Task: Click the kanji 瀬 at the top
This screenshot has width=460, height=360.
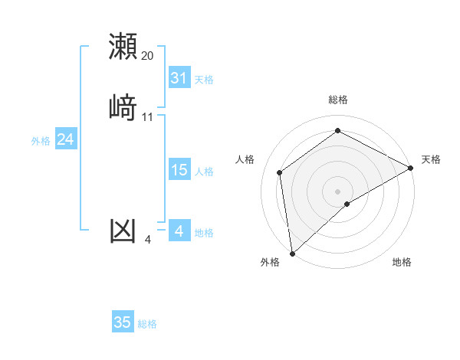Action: point(123,46)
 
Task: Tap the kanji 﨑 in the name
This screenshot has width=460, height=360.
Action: point(123,107)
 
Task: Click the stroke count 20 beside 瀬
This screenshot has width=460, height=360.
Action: point(148,56)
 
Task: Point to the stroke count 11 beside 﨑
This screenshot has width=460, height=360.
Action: point(148,117)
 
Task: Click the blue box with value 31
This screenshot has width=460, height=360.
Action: point(179,78)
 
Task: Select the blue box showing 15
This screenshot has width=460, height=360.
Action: point(179,170)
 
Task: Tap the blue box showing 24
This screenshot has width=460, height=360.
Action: point(66,139)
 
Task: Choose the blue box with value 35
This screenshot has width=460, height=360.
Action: point(123,322)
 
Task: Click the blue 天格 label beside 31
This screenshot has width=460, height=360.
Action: point(204,80)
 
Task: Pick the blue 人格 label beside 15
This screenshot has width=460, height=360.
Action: point(204,172)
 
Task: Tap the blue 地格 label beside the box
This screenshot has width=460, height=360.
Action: point(204,233)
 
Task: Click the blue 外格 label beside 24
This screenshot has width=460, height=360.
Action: point(41,141)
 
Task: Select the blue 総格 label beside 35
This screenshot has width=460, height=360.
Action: point(147,324)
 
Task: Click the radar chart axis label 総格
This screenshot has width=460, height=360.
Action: point(338,100)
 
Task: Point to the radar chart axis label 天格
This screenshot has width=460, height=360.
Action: point(431,159)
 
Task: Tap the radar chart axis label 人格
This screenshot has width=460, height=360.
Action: point(245,159)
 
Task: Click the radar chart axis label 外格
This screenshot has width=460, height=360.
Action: point(270,262)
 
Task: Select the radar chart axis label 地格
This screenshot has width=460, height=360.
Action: point(402,262)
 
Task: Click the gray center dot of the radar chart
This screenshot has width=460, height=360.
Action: point(338,191)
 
